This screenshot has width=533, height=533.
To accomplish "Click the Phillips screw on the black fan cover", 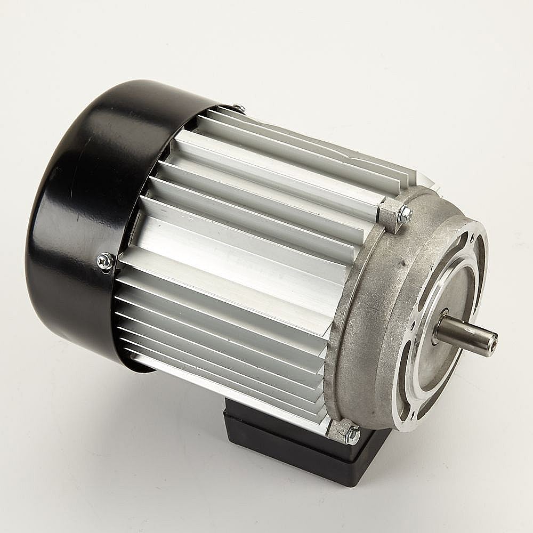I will (x=105, y=261).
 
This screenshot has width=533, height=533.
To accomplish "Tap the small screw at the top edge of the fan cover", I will (x=239, y=108).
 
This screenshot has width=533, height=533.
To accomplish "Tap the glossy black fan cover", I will (x=80, y=213).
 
